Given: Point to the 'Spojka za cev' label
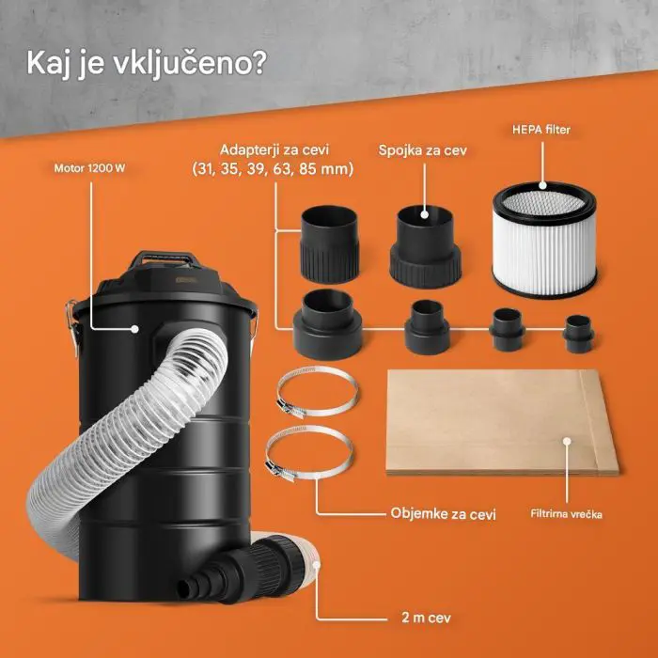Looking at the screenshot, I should pyautogui.click(x=424, y=149).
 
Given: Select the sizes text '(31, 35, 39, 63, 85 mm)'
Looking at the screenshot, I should pyautogui.click(x=273, y=169).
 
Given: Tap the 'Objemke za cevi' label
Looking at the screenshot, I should pyautogui.click(x=443, y=514).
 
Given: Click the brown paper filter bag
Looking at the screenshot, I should pyautogui.click(x=502, y=422).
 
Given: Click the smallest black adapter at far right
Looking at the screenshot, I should pyautogui.click(x=576, y=332).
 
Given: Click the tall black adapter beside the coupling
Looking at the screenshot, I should pyautogui.click(x=329, y=243).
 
